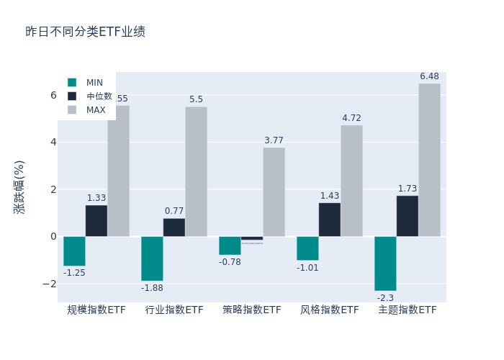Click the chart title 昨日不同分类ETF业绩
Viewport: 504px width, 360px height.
(85, 32)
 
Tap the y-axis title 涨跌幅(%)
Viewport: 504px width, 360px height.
(19, 187)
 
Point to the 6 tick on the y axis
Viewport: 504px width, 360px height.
(53, 95)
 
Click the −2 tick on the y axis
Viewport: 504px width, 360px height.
(50, 284)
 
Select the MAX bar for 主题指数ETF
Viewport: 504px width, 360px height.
(429, 160)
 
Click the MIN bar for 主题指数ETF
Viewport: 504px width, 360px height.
(385, 263)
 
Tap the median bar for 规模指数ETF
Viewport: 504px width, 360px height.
(96, 220)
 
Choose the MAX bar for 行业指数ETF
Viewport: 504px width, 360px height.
(196, 171)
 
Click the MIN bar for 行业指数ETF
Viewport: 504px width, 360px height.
(152, 258)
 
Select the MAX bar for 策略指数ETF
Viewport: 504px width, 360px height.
(274, 192)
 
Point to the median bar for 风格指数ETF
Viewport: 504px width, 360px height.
(330, 219)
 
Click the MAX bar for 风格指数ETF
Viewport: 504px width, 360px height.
(351, 181)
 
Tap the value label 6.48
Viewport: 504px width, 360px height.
(429, 76)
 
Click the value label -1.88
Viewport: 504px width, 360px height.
(152, 288)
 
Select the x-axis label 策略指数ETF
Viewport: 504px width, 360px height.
(252, 310)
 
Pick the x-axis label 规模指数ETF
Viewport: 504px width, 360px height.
(96, 310)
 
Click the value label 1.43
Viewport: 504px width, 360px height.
(330, 196)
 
